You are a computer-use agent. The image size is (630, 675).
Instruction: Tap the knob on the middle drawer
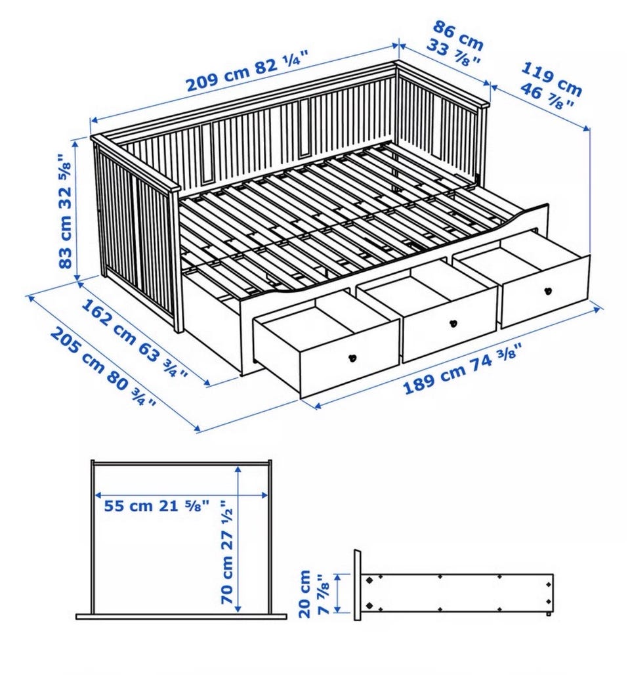(453, 323)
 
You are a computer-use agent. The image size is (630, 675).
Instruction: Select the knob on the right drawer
(548, 291)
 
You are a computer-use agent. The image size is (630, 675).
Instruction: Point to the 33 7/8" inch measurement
(453, 53)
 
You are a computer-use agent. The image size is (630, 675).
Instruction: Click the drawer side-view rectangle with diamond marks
(457, 592)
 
